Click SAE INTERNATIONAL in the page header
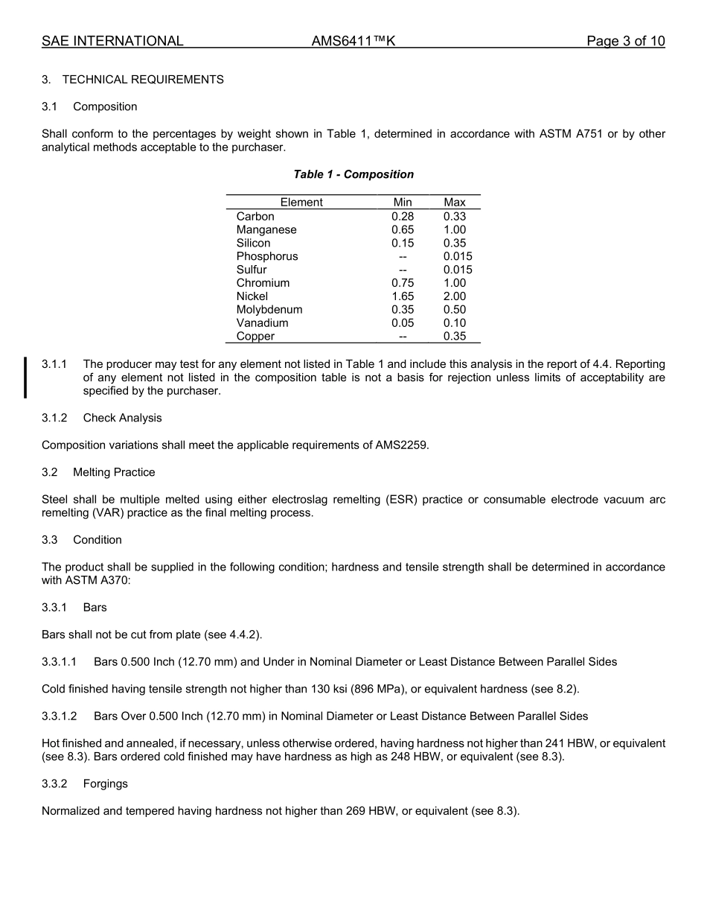click(112, 42)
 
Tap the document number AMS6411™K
click(353, 42)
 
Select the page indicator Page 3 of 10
click(625, 42)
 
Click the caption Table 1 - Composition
click(353, 174)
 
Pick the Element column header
click(301, 203)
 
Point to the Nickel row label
click(252, 296)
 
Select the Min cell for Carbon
click(403, 217)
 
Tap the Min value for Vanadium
click(403, 323)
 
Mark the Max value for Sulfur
click(457, 270)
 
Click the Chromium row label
click(263, 283)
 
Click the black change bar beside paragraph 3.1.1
click(26, 378)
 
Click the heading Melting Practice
click(114, 473)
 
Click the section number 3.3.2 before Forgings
click(54, 784)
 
